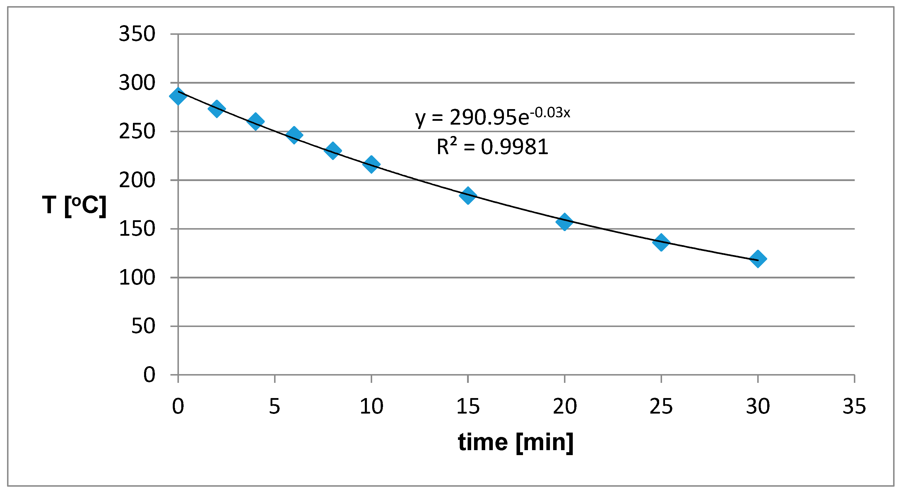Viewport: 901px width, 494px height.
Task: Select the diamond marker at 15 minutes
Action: click(468, 195)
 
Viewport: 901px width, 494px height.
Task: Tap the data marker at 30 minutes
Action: click(758, 259)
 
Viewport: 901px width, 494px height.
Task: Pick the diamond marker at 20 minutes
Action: click(564, 222)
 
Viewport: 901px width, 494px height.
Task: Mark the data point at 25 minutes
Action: click(661, 242)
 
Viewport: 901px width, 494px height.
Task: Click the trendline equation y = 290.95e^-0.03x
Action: click(493, 117)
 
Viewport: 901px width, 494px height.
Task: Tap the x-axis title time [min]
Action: click(516, 442)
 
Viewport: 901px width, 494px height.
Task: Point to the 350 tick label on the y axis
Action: click(137, 34)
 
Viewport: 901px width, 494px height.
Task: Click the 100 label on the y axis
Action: click(137, 278)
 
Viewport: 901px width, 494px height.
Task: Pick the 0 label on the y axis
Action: click(149, 375)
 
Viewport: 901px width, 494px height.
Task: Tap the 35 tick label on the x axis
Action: click(854, 406)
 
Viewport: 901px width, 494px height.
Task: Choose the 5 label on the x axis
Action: click(275, 406)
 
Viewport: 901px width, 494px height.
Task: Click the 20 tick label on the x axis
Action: click(565, 406)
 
